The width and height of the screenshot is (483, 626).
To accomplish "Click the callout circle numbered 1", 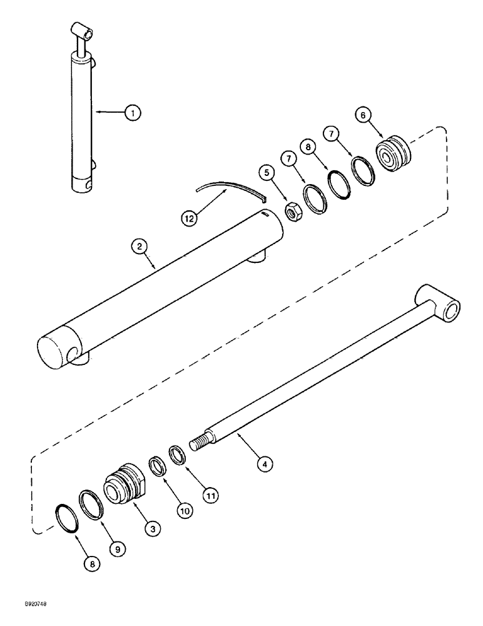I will [132, 113].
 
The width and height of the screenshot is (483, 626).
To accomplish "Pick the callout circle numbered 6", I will [381, 115].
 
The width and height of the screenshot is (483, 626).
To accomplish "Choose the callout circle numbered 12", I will [189, 219].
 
